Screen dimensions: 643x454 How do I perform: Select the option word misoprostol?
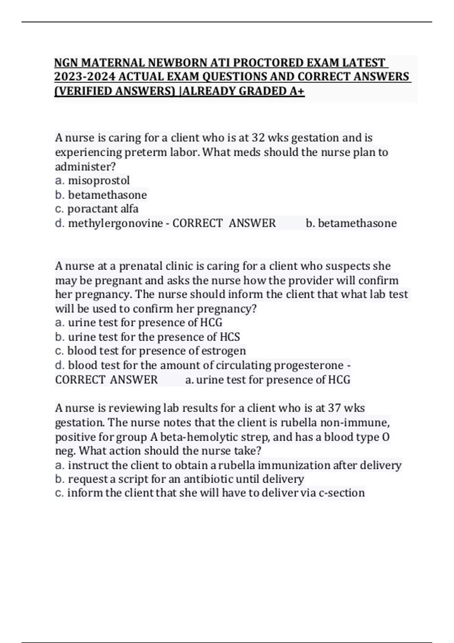point(99,180)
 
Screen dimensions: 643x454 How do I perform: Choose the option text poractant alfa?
point(103,209)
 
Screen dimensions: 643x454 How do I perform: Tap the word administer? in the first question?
point(86,166)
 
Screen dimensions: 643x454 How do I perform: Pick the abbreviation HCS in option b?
point(230,337)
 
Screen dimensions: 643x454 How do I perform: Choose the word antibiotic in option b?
point(208,479)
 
